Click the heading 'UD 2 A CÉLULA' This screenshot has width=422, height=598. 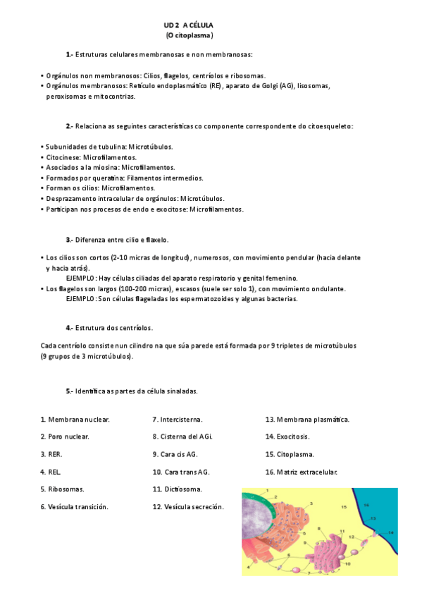(188, 25)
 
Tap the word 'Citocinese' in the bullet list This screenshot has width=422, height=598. (63, 157)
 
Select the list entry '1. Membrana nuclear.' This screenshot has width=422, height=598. (75, 420)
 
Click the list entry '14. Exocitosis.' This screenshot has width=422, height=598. (289, 437)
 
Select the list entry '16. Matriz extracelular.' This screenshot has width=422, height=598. (301, 472)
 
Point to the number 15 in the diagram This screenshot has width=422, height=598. (344, 507)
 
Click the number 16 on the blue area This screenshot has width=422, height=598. (366, 506)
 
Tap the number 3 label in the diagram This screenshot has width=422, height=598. (311, 504)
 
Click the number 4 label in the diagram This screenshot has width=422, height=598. (248, 566)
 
